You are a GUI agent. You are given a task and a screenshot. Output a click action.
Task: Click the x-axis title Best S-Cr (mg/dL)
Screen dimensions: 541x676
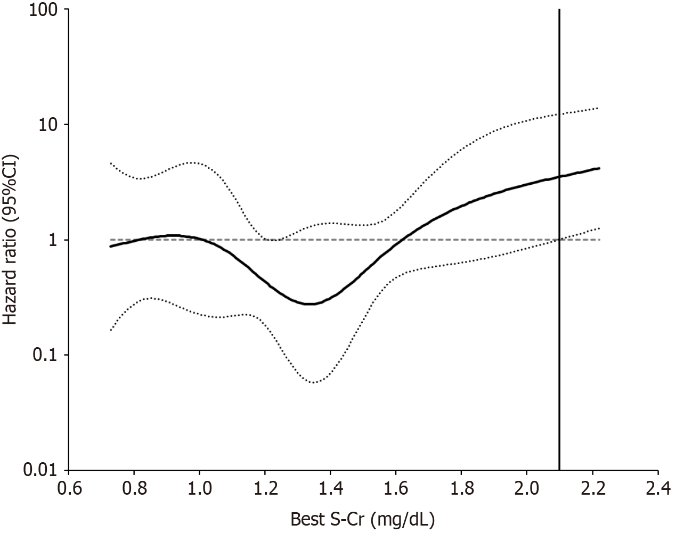click(x=363, y=520)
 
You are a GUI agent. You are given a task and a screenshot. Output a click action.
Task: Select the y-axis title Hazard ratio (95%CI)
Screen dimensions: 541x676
click(x=11, y=240)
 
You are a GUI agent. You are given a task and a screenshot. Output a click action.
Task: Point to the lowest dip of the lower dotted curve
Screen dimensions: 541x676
click(x=314, y=382)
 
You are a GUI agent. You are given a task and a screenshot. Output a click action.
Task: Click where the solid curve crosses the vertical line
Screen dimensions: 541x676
click(x=559, y=177)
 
